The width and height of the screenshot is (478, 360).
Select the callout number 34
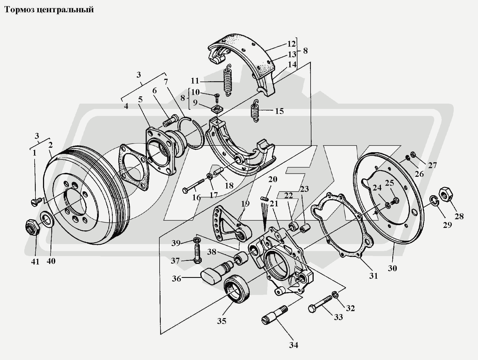294,345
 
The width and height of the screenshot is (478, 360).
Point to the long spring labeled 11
227,80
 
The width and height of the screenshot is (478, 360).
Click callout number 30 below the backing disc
392,268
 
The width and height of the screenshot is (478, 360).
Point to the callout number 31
373,276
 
